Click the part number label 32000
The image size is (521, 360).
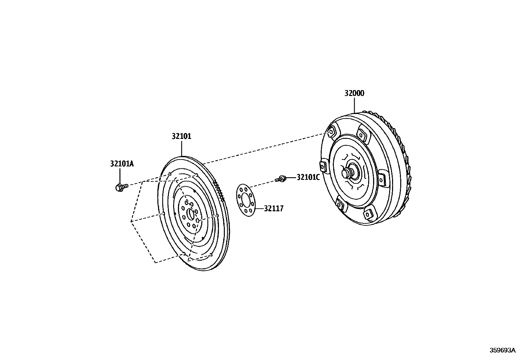point(354,93)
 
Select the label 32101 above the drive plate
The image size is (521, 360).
point(181,136)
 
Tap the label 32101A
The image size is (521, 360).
point(122,164)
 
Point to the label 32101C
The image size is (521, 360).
point(308,177)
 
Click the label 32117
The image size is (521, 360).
point(274,208)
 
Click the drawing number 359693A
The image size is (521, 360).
point(502,350)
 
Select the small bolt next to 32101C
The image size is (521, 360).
point(281,179)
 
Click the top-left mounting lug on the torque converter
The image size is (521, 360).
point(331,131)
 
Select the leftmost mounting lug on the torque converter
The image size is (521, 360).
point(323,167)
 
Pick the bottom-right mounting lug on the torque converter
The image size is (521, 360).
point(369,214)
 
